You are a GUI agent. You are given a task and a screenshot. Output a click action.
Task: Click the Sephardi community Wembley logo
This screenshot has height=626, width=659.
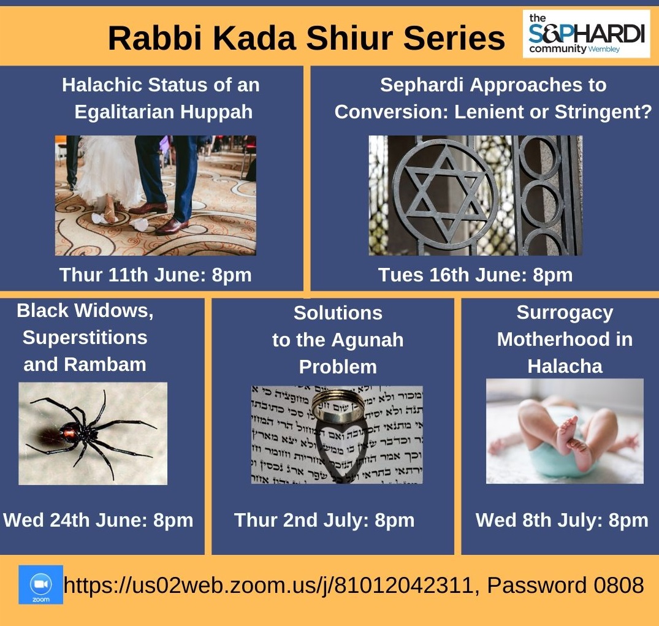(x=586, y=34)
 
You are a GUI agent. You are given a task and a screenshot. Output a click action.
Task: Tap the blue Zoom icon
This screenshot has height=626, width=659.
(x=41, y=584)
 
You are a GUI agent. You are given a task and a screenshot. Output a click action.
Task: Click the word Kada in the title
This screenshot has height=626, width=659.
(x=254, y=38)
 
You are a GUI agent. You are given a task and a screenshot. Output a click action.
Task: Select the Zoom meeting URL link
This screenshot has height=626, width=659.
(x=269, y=585)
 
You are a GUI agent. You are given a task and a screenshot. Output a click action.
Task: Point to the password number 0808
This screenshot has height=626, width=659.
(x=618, y=585)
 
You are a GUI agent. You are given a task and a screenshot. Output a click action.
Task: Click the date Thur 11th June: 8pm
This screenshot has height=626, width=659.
(x=156, y=275)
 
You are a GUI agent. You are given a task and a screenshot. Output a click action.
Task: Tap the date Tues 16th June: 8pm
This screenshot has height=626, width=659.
(x=475, y=275)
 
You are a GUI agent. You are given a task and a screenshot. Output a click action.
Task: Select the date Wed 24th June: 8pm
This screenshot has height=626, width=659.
(x=98, y=520)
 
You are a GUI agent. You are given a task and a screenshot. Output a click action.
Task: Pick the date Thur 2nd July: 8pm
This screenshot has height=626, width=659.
(x=324, y=520)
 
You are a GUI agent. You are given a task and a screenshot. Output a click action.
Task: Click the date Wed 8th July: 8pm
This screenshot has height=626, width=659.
(x=562, y=520)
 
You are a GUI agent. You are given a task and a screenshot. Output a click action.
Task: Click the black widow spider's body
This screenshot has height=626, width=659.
(x=72, y=433)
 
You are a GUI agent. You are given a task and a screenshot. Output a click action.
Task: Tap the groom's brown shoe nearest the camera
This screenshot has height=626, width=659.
(x=172, y=226)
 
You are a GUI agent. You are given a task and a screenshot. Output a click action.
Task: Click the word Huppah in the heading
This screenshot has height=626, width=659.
(x=216, y=112)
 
